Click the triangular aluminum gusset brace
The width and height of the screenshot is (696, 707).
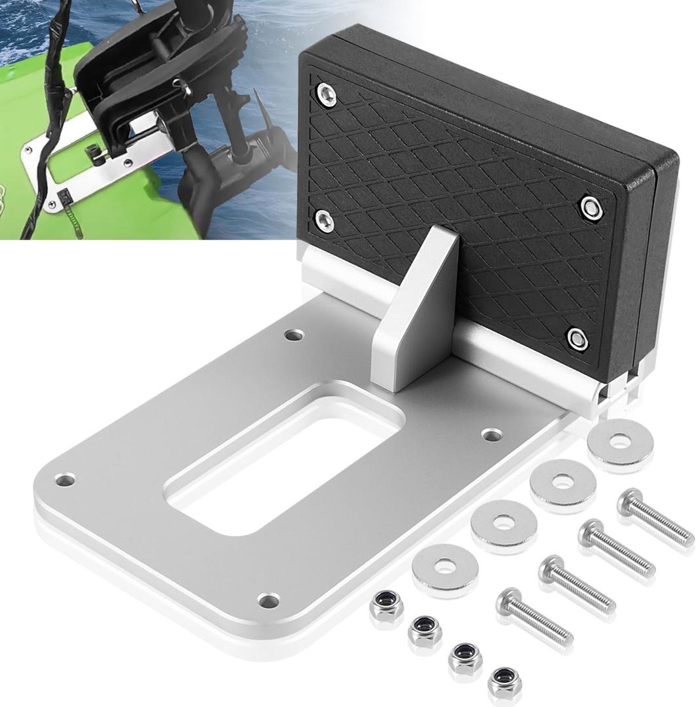419,314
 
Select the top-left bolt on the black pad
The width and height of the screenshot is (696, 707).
325,98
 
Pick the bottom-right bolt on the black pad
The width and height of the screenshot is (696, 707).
577,338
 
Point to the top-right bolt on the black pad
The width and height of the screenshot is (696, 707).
591,207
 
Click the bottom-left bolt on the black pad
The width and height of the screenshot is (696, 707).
323,220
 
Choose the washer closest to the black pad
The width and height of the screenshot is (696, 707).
619,443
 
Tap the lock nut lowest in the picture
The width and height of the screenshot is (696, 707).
505,682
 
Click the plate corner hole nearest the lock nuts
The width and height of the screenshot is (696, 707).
268,599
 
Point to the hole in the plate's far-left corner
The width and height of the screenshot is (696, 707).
64,480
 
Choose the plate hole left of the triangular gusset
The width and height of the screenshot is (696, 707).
294,335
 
